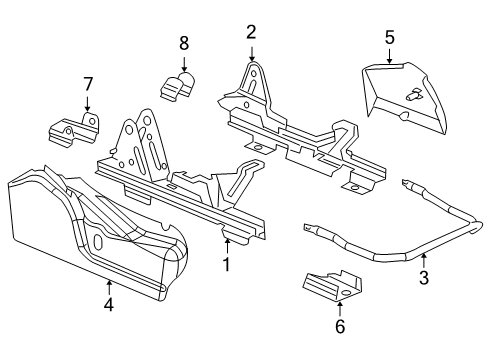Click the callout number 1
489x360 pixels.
tap(226, 265)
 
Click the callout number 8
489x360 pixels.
tap(183, 43)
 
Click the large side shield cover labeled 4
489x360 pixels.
tap(90, 235)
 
